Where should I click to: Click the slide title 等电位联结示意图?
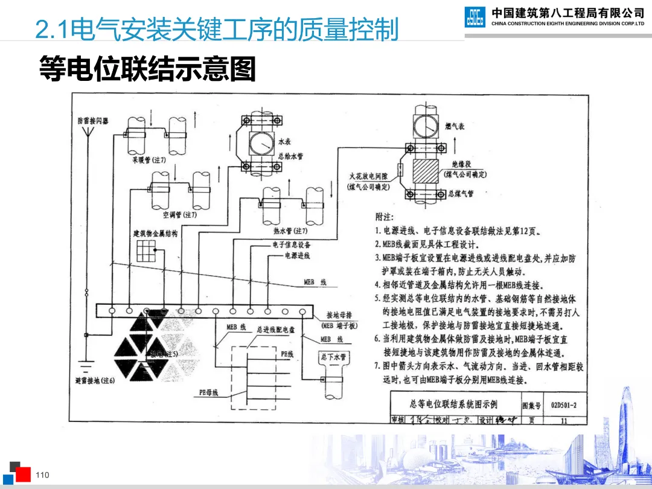(x=147, y=69)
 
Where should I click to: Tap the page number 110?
(x=42, y=476)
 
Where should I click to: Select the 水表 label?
(x=284, y=141)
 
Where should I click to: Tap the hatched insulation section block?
(x=428, y=170)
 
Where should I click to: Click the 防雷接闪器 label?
(x=93, y=121)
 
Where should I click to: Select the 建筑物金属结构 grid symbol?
(x=145, y=250)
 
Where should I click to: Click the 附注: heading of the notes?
(x=384, y=216)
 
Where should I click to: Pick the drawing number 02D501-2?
(x=563, y=405)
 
